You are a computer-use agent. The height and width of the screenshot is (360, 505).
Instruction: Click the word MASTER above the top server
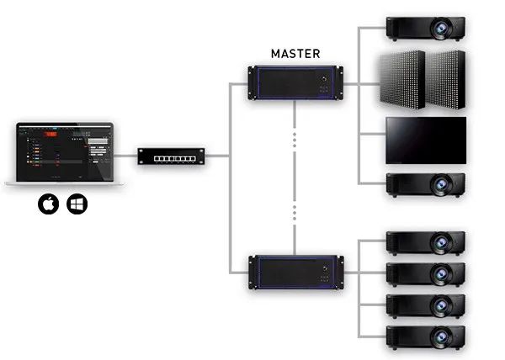(295, 53)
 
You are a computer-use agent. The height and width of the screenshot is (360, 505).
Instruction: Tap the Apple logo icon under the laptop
(49, 204)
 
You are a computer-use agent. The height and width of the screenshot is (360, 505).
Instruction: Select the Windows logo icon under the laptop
(77, 204)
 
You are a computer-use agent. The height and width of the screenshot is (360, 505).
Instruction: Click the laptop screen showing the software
(63, 151)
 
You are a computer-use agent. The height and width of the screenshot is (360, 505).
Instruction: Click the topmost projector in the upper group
(425, 27)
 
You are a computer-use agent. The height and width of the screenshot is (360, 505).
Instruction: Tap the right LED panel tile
(446, 78)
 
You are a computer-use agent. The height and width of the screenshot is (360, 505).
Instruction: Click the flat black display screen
(425, 140)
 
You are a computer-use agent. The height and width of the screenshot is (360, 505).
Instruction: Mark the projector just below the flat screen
(425, 184)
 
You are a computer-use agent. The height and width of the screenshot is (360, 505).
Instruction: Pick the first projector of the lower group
(425, 242)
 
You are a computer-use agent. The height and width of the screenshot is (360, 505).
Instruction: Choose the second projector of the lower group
(425, 273)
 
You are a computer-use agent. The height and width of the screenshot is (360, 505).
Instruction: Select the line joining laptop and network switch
(126, 156)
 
